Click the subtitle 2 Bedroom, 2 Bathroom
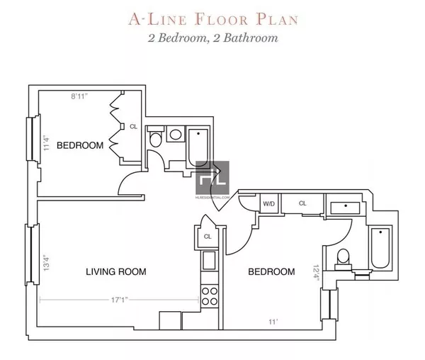[212, 38]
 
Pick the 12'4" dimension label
[317, 273]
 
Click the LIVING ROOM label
[116, 271]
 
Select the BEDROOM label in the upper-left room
[80, 145]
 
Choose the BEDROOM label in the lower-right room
[271, 271]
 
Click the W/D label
[269, 203]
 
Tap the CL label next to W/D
[302, 203]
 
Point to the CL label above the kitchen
[208, 237]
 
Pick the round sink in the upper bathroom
[176, 135]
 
